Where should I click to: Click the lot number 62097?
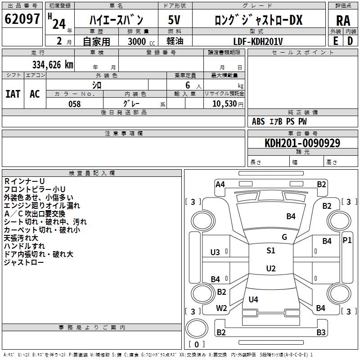click(22, 20)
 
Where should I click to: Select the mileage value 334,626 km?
click(53, 64)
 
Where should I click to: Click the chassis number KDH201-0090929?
click(302, 143)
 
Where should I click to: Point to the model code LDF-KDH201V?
click(258, 41)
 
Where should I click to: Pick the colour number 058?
click(75, 103)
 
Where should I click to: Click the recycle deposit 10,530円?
click(224, 103)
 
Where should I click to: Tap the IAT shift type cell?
click(13, 94)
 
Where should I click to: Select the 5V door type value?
click(175, 20)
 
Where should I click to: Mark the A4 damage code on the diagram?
click(220, 184)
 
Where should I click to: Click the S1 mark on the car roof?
click(270, 251)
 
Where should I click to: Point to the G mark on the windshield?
click(284, 237)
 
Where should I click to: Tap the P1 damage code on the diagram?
click(347, 240)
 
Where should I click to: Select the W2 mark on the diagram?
click(221, 308)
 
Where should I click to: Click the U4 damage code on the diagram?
click(253, 299)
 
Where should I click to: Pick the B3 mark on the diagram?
click(321, 333)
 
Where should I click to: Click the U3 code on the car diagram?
click(216, 252)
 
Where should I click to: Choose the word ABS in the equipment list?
click(258, 121)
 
